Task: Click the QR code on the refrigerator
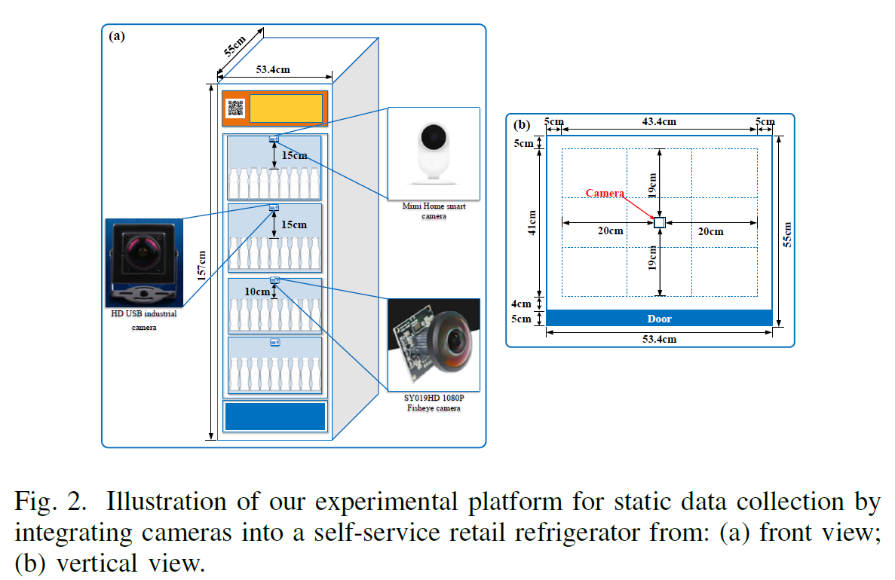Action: click(x=236, y=108)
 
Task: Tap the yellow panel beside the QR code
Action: click(x=286, y=108)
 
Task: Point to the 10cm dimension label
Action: click(x=257, y=292)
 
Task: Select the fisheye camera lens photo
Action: click(x=434, y=343)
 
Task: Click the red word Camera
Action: click(x=605, y=194)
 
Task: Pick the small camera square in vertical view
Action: click(x=660, y=223)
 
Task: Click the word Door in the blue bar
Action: click(x=659, y=319)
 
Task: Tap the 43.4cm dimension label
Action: click(x=658, y=121)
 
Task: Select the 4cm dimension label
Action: click(x=522, y=304)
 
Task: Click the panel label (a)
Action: click(x=117, y=35)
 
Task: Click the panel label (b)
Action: click(x=521, y=125)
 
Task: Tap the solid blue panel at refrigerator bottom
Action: click(x=275, y=416)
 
